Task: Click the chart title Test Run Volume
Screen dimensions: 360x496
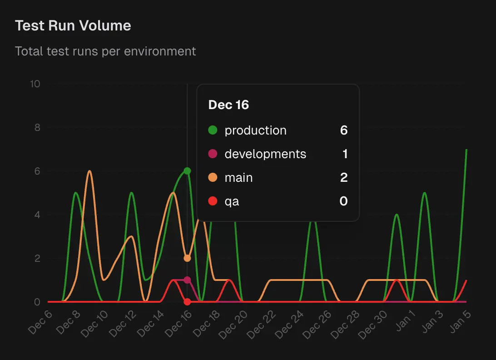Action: (x=73, y=26)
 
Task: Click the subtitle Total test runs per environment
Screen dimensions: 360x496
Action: (x=105, y=51)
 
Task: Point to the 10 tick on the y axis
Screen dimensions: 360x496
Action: (x=35, y=84)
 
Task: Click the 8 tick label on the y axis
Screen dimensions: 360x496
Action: (x=37, y=128)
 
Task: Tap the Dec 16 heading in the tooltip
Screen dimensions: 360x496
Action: (x=228, y=105)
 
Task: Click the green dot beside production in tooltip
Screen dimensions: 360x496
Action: (x=213, y=130)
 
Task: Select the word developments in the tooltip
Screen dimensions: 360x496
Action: (x=265, y=154)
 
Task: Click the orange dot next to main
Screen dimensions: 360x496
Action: (x=213, y=178)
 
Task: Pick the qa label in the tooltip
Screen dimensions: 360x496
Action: (x=232, y=201)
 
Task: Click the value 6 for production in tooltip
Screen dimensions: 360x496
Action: (x=343, y=130)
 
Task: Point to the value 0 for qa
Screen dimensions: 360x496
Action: (x=343, y=201)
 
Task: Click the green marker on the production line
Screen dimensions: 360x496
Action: (x=187, y=171)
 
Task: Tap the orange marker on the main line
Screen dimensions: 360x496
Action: (x=187, y=258)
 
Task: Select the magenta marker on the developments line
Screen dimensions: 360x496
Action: (x=187, y=280)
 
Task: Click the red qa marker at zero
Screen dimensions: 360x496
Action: (x=187, y=302)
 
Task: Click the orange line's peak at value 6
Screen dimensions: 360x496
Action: (x=90, y=171)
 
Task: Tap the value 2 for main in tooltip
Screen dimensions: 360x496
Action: (x=343, y=178)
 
